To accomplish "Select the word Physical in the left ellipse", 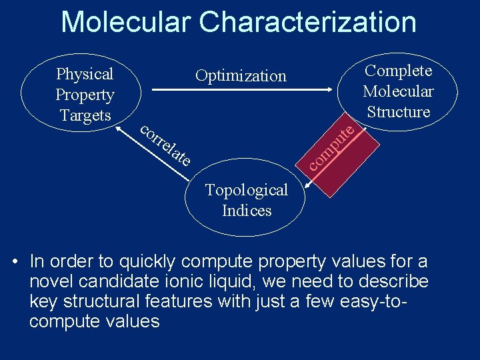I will pos(85,73).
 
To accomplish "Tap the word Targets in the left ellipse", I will pos(85,115).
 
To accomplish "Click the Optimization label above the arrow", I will pos(241,76).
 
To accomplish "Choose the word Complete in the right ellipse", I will pos(399,71).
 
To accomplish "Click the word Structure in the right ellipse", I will pos(399,112).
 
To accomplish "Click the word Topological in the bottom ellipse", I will pos(247,190).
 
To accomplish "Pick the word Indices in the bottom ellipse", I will pos(247,211).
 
